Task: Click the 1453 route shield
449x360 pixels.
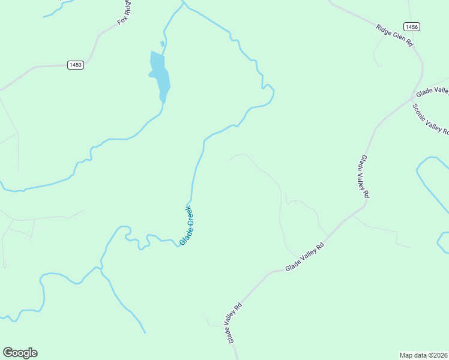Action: click(x=75, y=65)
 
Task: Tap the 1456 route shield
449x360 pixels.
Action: click(x=411, y=26)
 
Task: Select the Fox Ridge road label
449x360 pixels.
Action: click(x=124, y=13)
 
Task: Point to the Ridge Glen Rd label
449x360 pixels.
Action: click(x=395, y=35)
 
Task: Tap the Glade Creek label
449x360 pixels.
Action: click(x=187, y=226)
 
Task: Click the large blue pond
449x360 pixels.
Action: click(x=160, y=75)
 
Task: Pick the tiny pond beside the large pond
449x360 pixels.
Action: click(x=162, y=44)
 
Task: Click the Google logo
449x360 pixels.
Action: click(x=20, y=353)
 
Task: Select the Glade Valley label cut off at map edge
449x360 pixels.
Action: click(x=433, y=91)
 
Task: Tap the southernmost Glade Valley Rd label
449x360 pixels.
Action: click(x=234, y=323)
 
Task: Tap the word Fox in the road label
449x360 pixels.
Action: click(x=122, y=20)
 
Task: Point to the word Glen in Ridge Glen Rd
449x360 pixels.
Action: click(x=398, y=37)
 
